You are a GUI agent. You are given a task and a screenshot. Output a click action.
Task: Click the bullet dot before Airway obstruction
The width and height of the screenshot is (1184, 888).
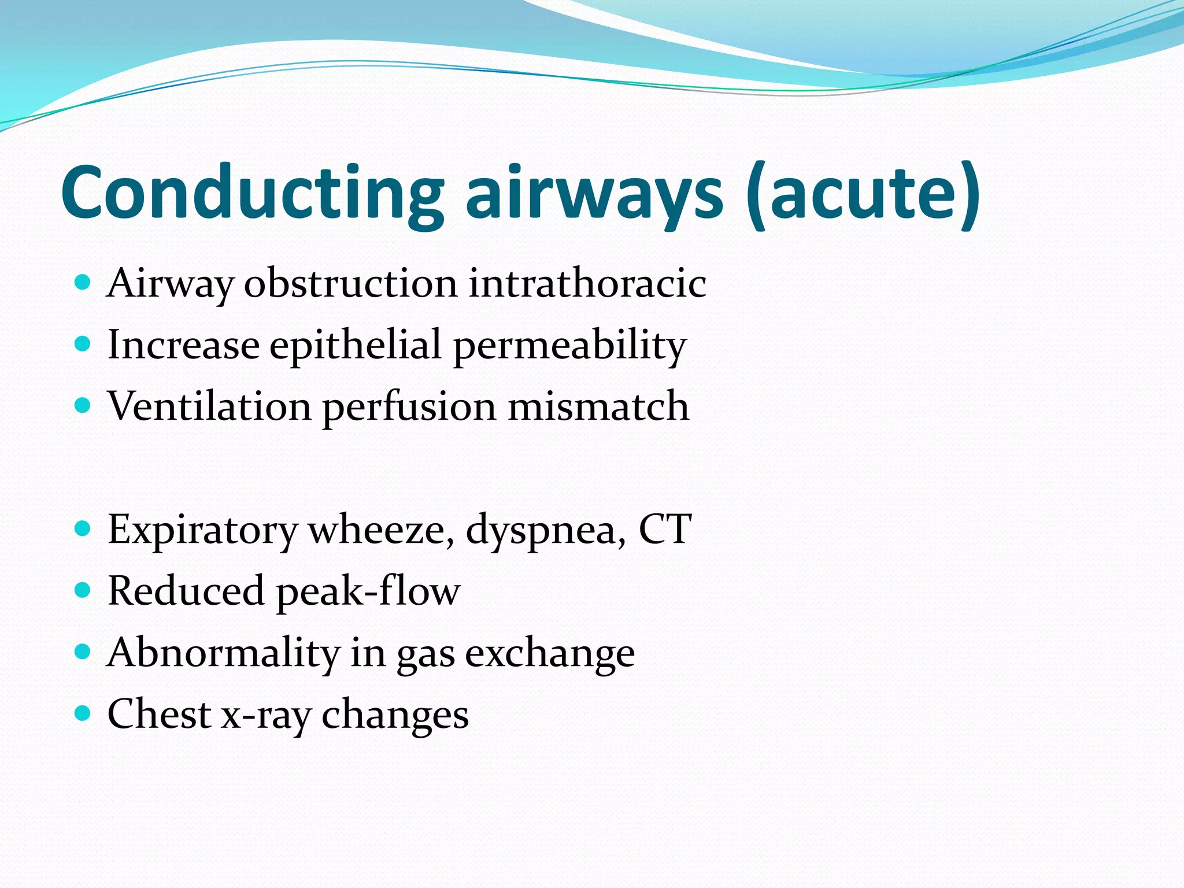pos(83,283)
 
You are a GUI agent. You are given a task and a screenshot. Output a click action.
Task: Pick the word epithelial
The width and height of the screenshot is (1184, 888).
pos(356,345)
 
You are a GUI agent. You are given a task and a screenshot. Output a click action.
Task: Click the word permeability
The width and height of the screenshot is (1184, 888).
pos(569,345)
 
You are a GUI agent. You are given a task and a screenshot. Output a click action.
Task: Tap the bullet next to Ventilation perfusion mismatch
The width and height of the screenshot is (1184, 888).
pos(83,406)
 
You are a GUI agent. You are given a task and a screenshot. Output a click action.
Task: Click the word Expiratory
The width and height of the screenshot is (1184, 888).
pos(202,530)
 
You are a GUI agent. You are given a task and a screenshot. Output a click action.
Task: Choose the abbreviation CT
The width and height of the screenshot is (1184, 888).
pos(665,528)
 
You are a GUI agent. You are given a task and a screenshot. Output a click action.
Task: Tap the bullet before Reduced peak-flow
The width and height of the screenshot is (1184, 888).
pos(83,590)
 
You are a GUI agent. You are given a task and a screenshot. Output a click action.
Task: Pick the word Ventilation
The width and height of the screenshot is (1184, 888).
pos(209,406)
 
